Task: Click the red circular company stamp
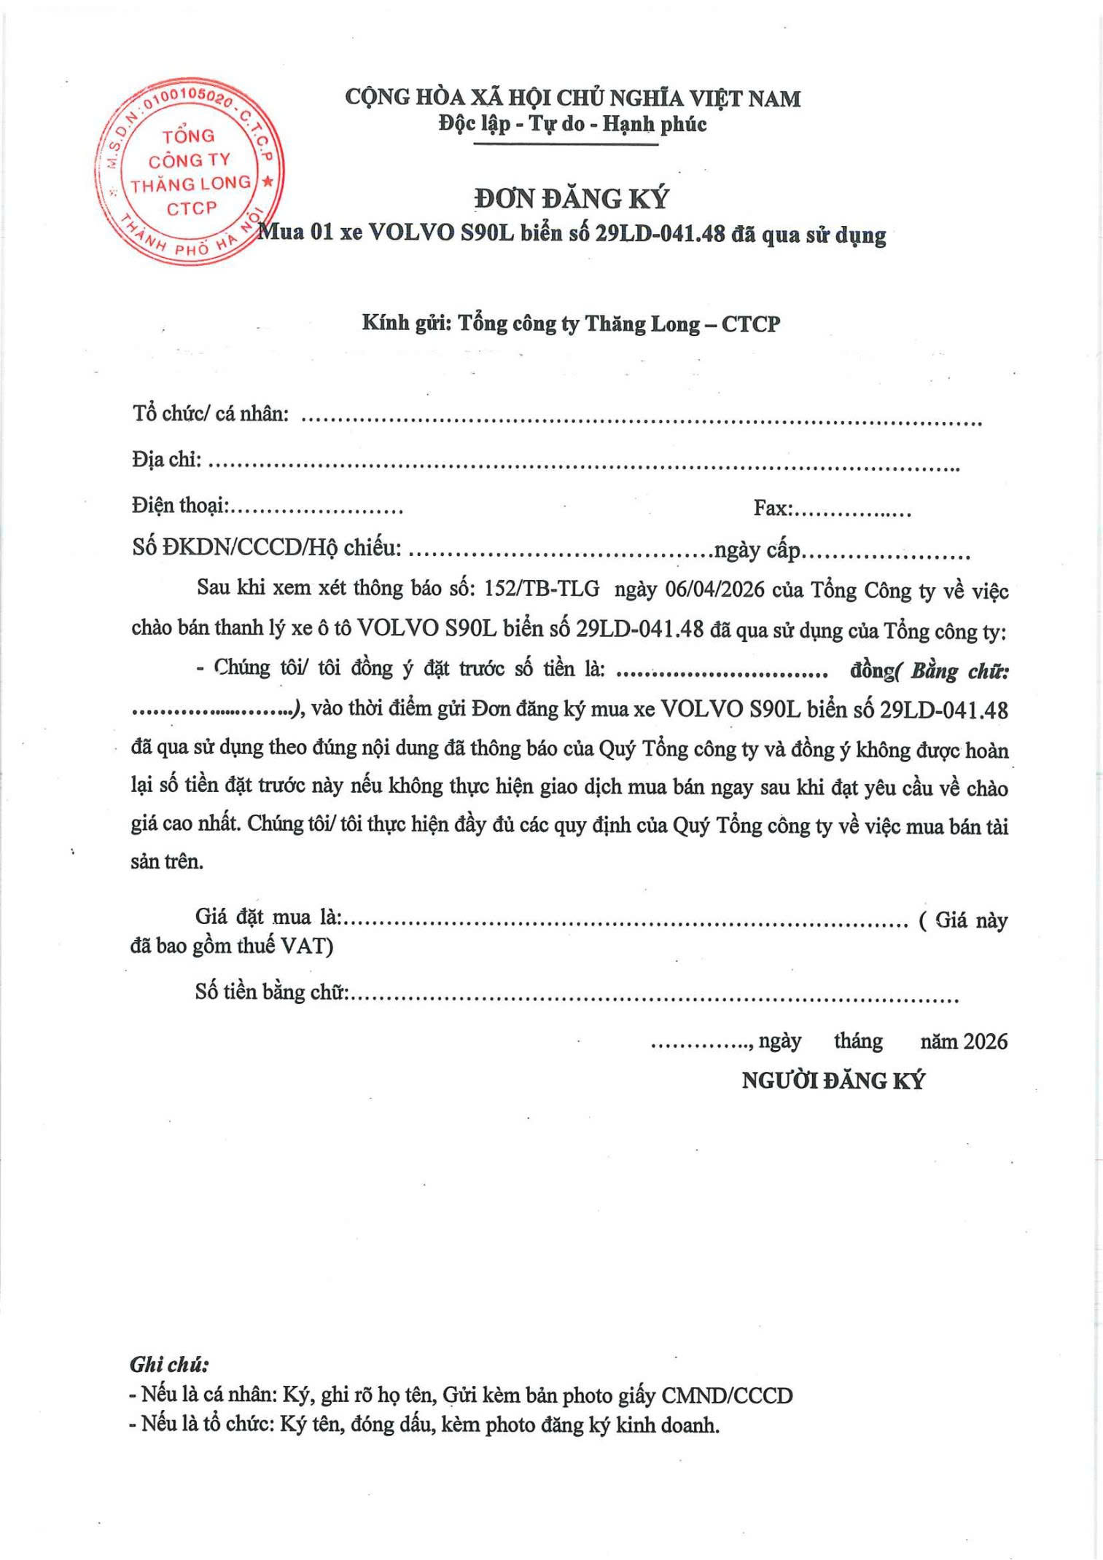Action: point(190,170)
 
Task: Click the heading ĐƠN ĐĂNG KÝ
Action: point(571,199)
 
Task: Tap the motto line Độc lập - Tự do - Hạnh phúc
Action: point(572,124)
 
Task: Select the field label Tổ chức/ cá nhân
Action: point(210,414)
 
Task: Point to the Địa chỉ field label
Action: point(166,459)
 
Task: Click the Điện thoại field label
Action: point(179,505)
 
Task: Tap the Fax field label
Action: point(771,508)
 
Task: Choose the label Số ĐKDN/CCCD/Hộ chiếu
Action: point(266,547)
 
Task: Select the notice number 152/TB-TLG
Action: point(542,589)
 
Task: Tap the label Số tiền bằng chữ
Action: point(271,991)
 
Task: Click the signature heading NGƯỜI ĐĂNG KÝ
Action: point(833,1080)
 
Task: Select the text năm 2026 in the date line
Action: point(963,1041)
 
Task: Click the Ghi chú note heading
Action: point(169,1364)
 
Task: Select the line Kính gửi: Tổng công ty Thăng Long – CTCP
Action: point(571,324)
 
